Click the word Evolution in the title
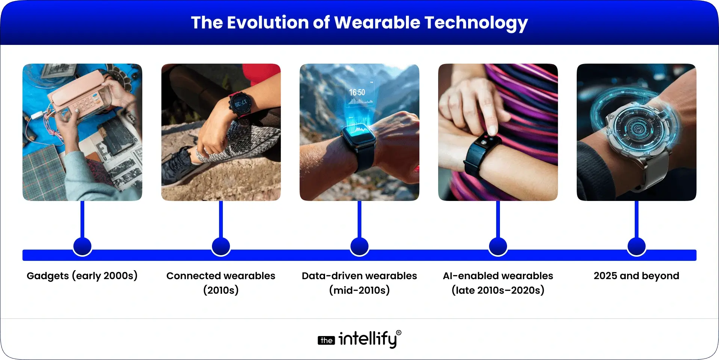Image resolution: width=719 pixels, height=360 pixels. click(x=269, y=22)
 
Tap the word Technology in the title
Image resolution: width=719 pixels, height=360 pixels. click(x=476, y=23)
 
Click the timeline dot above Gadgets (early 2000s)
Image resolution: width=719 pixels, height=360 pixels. click(x=82, y=247)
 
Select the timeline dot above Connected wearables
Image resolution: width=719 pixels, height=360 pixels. click(x=221, y=247)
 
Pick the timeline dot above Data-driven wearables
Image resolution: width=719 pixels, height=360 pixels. click(x=359, y=247)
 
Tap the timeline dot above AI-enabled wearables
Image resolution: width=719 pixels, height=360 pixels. click(x=498, y=247)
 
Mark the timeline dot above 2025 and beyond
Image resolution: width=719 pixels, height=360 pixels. click(x=637, y=247)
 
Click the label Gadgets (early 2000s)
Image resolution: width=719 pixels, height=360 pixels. click(x=82, y=276)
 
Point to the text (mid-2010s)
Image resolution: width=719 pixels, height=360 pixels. click(x=359, y=290)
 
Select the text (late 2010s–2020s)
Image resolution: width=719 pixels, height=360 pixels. click(x=498, y=290)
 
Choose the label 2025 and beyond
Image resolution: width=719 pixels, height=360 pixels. click(x=636, y=276)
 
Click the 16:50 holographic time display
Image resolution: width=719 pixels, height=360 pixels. click(x=357, y=92)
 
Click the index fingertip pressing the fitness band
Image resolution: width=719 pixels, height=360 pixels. click(x=492, y=131)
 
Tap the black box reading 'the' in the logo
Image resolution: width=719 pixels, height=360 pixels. click(x=326, y=341)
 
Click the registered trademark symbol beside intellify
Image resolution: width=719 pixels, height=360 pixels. click(x=398, y=333)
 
